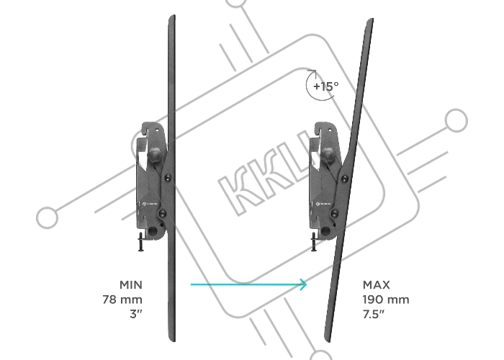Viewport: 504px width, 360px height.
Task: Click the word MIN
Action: click(130, 285)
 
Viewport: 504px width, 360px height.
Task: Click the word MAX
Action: click(377, 285)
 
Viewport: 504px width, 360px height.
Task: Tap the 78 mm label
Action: click(122, 300)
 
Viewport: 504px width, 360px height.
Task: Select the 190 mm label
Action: click(386, 300)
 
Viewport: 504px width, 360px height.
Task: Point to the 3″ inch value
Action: click(136, 314)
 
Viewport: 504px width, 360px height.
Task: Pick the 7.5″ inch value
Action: click(374, 314)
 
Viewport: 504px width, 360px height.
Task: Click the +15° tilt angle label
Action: click(325, 86)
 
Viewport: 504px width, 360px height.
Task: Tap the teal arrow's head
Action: click(303, 284)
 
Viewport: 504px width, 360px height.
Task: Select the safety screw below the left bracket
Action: click(141, 242)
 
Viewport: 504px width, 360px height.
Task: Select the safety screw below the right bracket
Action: click(314, 242)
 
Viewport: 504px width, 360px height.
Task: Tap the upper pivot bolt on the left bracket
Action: click(168, 178)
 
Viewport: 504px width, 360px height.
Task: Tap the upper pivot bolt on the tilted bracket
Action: click(344, 179)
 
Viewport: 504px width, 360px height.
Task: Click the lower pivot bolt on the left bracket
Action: click(163, 213)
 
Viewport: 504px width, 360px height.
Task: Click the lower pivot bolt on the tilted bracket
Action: click(335, 213)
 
